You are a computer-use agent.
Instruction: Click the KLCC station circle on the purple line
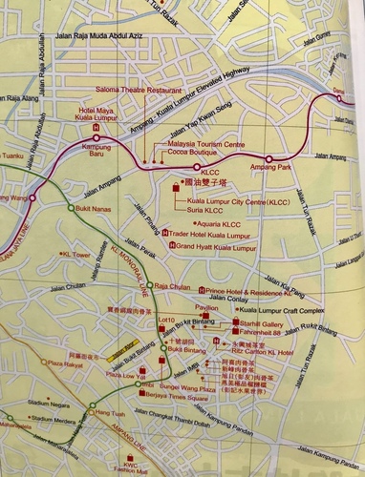click(x=171, y=164)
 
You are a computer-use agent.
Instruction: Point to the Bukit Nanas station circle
click(x=70, y=206)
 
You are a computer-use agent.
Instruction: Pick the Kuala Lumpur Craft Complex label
click(x=282, y=311)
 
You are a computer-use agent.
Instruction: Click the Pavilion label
click(x=206, y=308)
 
